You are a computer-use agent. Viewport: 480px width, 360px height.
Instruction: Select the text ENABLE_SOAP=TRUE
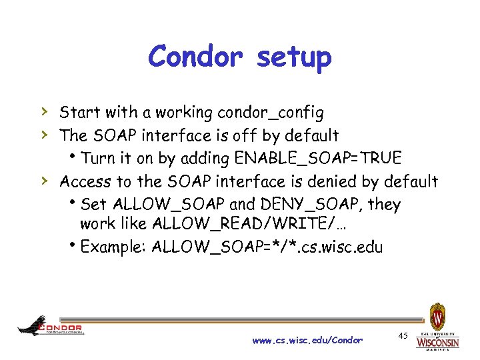click(319, 158)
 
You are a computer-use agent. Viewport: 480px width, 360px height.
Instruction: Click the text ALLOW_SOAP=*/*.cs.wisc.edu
click(267, 247)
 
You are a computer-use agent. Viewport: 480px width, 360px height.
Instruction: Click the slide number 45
click(403, 335)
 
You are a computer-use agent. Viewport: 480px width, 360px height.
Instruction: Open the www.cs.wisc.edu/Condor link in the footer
click(307, 341)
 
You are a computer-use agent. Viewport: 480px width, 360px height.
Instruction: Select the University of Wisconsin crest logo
click(437, 316)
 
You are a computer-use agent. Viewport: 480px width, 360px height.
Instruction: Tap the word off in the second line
click(246, 135)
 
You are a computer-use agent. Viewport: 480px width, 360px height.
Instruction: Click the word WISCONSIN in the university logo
click(437, 343)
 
